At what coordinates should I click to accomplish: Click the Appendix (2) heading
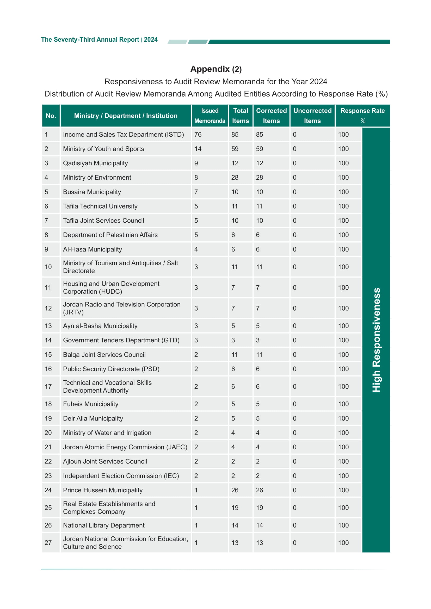click(216, 69)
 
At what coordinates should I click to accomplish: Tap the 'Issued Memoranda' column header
click(210, 116)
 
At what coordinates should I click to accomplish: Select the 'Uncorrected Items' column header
click(312, 116)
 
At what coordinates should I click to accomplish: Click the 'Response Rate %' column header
click(362, 116)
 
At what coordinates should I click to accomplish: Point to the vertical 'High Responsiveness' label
click(376, 340)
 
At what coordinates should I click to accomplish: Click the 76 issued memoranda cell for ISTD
click(198, 134)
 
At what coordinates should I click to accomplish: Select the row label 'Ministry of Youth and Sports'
click(103, 149)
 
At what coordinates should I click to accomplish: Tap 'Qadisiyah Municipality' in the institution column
click(95, 163)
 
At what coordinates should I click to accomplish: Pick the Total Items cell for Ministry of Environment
click(235, 178)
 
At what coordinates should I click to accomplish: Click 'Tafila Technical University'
click(100, 206)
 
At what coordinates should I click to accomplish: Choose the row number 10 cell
click(48, 267)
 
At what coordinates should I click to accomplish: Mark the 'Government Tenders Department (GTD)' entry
click(121, 340)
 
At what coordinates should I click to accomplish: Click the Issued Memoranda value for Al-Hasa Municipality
click(196, 249)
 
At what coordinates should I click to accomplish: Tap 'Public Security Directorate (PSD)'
click(111, 369)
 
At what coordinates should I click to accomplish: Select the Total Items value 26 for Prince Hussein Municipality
click(235, 490)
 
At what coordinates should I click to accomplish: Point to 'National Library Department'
click(103, 525)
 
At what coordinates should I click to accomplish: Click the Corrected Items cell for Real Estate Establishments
click(259, 508)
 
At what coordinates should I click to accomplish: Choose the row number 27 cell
click(48, 543)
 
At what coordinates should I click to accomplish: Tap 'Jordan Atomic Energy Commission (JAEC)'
click(125, 447)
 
